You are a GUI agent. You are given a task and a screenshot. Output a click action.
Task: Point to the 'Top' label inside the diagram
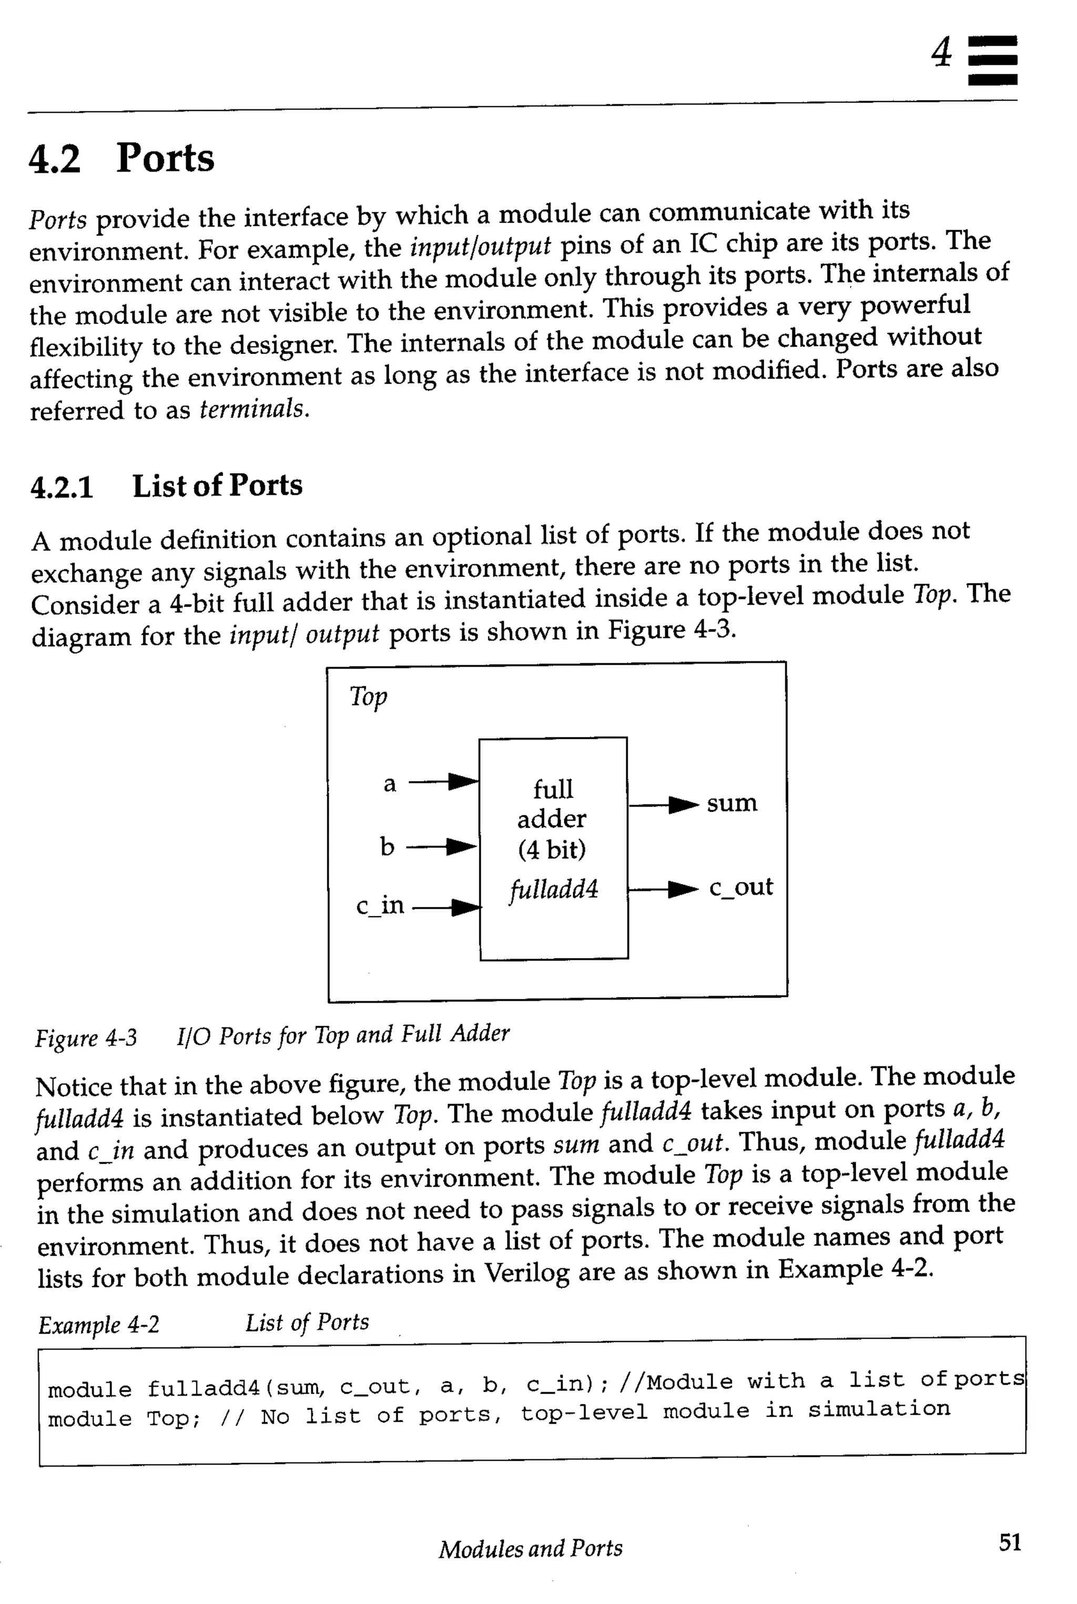point(368,696)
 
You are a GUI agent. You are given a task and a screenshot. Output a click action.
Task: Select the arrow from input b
point(442,847)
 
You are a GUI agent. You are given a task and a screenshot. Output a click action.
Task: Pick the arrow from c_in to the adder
point(446,908)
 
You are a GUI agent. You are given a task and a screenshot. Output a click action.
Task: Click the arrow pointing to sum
point(664,805)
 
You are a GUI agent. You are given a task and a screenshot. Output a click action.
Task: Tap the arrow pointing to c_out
point(664,890)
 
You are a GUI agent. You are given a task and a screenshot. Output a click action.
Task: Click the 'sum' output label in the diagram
point(731,803)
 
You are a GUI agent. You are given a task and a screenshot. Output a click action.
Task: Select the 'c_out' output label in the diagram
point(740,887)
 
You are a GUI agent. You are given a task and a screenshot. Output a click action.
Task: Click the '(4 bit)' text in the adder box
point(552,850)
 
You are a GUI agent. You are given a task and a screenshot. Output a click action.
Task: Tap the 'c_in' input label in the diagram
point(380,906)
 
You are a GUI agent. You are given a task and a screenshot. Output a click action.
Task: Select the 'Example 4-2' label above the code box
point(99,1324)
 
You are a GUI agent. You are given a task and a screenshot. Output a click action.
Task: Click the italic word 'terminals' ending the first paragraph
point(253,410)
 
